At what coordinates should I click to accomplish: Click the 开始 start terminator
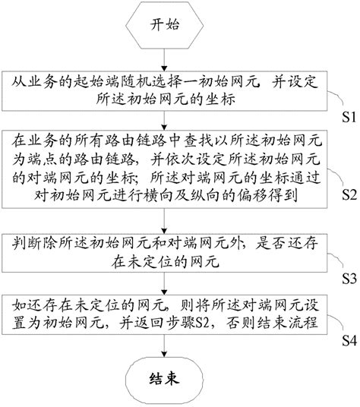[x=163, y=26]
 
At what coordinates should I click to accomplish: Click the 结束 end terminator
[x=163, y=377]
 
